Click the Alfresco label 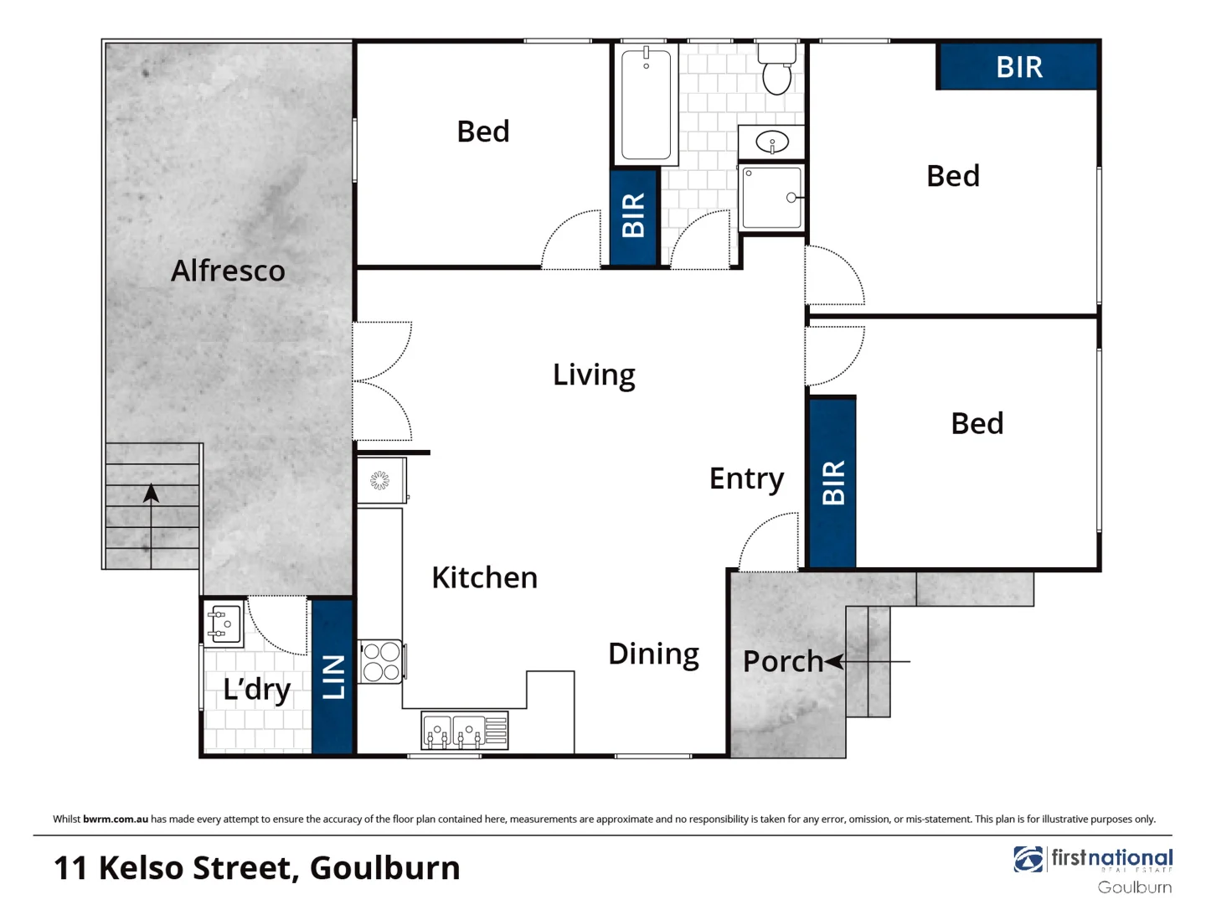[228, 271]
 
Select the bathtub [647, 104]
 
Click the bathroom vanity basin [771, 142]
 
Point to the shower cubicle [771, 198]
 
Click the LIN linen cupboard [332, 676]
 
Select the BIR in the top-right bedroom [1018, 67]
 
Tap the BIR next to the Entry [832, 483]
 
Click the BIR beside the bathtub [634, 216]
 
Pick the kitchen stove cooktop [381, 661]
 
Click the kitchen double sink [464, 731]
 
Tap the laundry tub [223, 624]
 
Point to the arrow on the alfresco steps [151, 494]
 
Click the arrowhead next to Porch [834, 662]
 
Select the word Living [594, 375]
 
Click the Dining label [653, 654]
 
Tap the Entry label [746, 478]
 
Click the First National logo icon [1028, 860]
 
